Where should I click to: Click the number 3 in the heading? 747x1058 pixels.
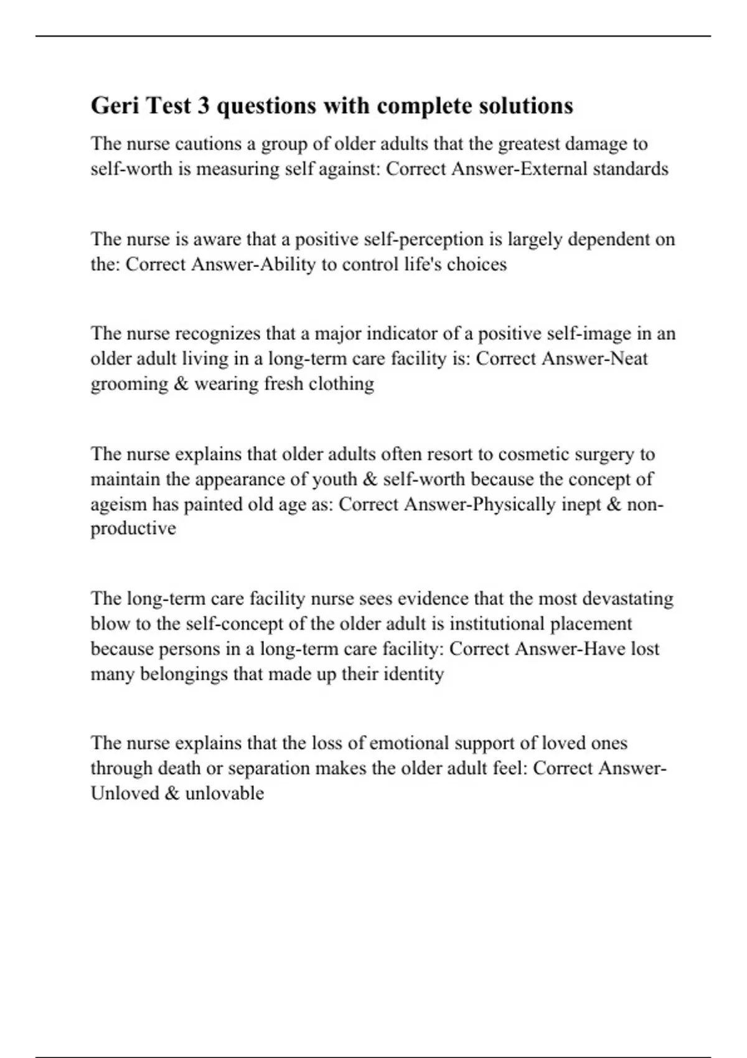pyautogui.click(x=204, y=106)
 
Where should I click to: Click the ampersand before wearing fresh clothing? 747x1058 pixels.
pyautogui.click(x=181, y=383)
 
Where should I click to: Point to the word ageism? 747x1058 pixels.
pyautogui.click(x=118, y=504)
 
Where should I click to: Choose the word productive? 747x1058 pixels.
pyautogui.click(x=133, y=529)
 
